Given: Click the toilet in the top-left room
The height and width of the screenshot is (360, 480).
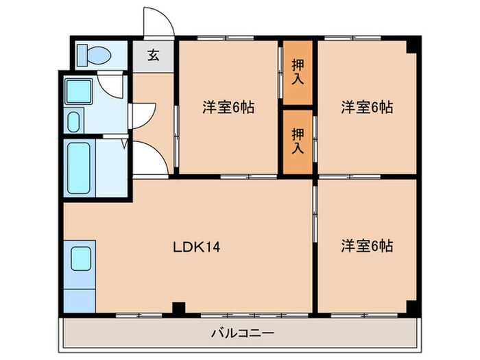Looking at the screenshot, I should (88, 53).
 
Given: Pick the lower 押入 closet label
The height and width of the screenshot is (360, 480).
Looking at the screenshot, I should (297, 140).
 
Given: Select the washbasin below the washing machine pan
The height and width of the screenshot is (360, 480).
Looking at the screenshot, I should (74, 121).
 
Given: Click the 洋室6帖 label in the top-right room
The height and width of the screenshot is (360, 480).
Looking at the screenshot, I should (367, 108).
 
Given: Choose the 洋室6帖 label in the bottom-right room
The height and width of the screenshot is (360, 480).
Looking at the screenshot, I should (367, 245).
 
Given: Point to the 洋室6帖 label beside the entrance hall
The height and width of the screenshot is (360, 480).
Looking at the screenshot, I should (228, 108).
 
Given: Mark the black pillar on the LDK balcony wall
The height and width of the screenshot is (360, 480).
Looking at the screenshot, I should (178, 308).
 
